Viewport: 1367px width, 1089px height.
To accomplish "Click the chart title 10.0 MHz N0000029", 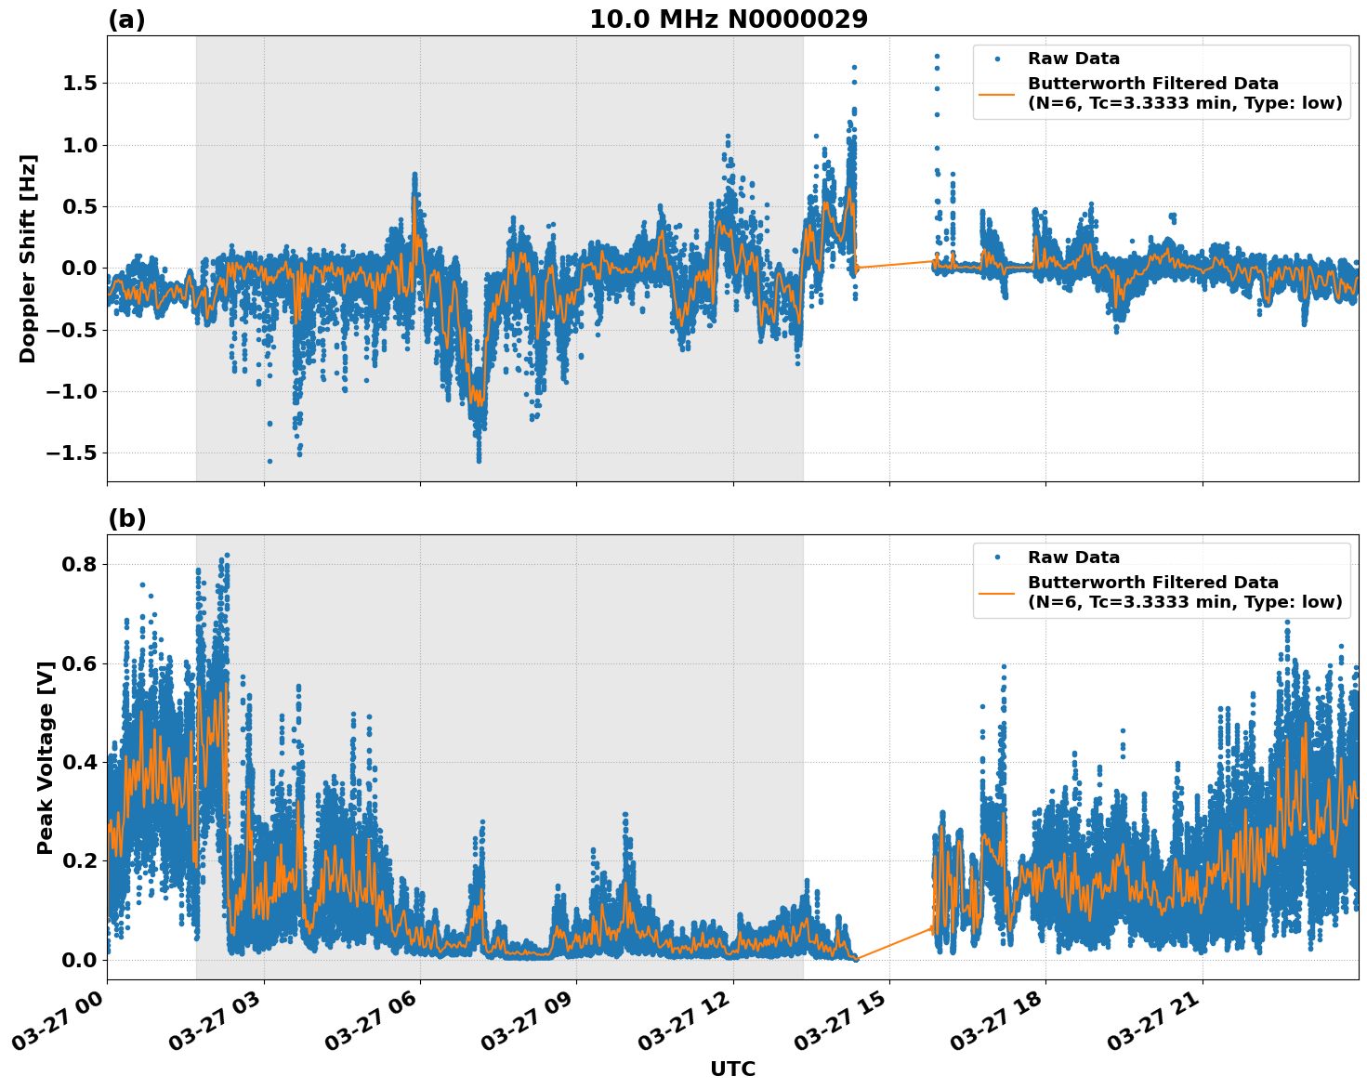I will click(x=728, y=20).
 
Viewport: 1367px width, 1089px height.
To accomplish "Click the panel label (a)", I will click(x=126, y=20).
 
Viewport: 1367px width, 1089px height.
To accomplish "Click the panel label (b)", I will click(x=126, y=518).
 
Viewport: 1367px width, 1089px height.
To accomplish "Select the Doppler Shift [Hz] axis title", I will click(x=28, y=258).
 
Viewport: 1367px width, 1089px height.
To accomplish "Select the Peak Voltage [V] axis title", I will click(x=46, y=757).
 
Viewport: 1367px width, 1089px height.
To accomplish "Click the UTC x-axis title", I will click(x=732, y=1069).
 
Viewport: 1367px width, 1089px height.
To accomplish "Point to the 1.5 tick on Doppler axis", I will click(x=81, y=84).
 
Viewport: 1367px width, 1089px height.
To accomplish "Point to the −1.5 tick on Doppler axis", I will click(x=74, y=453).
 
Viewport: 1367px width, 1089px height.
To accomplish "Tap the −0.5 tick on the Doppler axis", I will click(x=74, y=330).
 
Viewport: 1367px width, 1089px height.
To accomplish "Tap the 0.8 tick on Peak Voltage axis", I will click(x=81, y=565).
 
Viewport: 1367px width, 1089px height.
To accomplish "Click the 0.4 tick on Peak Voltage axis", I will click(x=81, y=763).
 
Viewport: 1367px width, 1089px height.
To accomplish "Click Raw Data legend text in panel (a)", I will click(x=1073, y=59).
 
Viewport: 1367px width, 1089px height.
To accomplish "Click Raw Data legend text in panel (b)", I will click(x=1073, y=558).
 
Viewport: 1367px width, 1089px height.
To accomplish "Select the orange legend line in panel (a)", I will click(x=996, y=94).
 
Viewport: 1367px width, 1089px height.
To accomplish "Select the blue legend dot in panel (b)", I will click(x=997, y=558).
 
